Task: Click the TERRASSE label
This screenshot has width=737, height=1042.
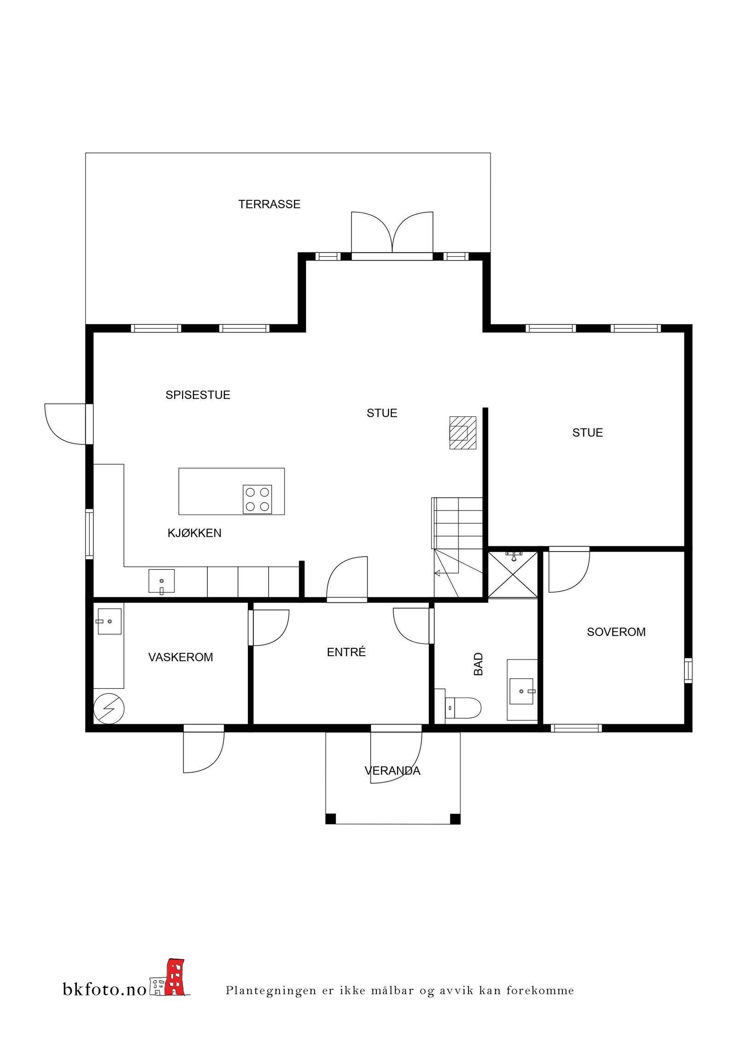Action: pyautogui.click(x=269, y=204)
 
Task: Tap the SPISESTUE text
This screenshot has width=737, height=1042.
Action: pyautogui.click(x=198, y=395)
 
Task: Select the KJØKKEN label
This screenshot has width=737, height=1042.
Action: pyautogui.click(x=194, y=533)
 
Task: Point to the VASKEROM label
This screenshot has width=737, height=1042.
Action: pyautogui.click(x=181, y=657)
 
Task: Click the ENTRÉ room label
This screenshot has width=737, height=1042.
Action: pyautogui.click(x=346, y=652)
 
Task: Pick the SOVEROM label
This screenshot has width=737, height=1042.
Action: pyautogui.click(x=616, y=632)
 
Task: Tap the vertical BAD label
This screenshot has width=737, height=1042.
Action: pyautogui.click(x=479, y=664)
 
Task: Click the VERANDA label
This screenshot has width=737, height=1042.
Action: pyautogui.click(x=392, y=770)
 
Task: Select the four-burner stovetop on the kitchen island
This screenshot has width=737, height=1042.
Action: pyautogui.click(x=257, y=499)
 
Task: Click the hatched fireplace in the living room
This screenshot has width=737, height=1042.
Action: pyautogui.click(x=463, y=432)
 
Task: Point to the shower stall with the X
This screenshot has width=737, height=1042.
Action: pyautogui.click(x=513, y=574)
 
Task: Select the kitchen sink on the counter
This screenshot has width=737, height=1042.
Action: pyautogui.click(x=162, y=581)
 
